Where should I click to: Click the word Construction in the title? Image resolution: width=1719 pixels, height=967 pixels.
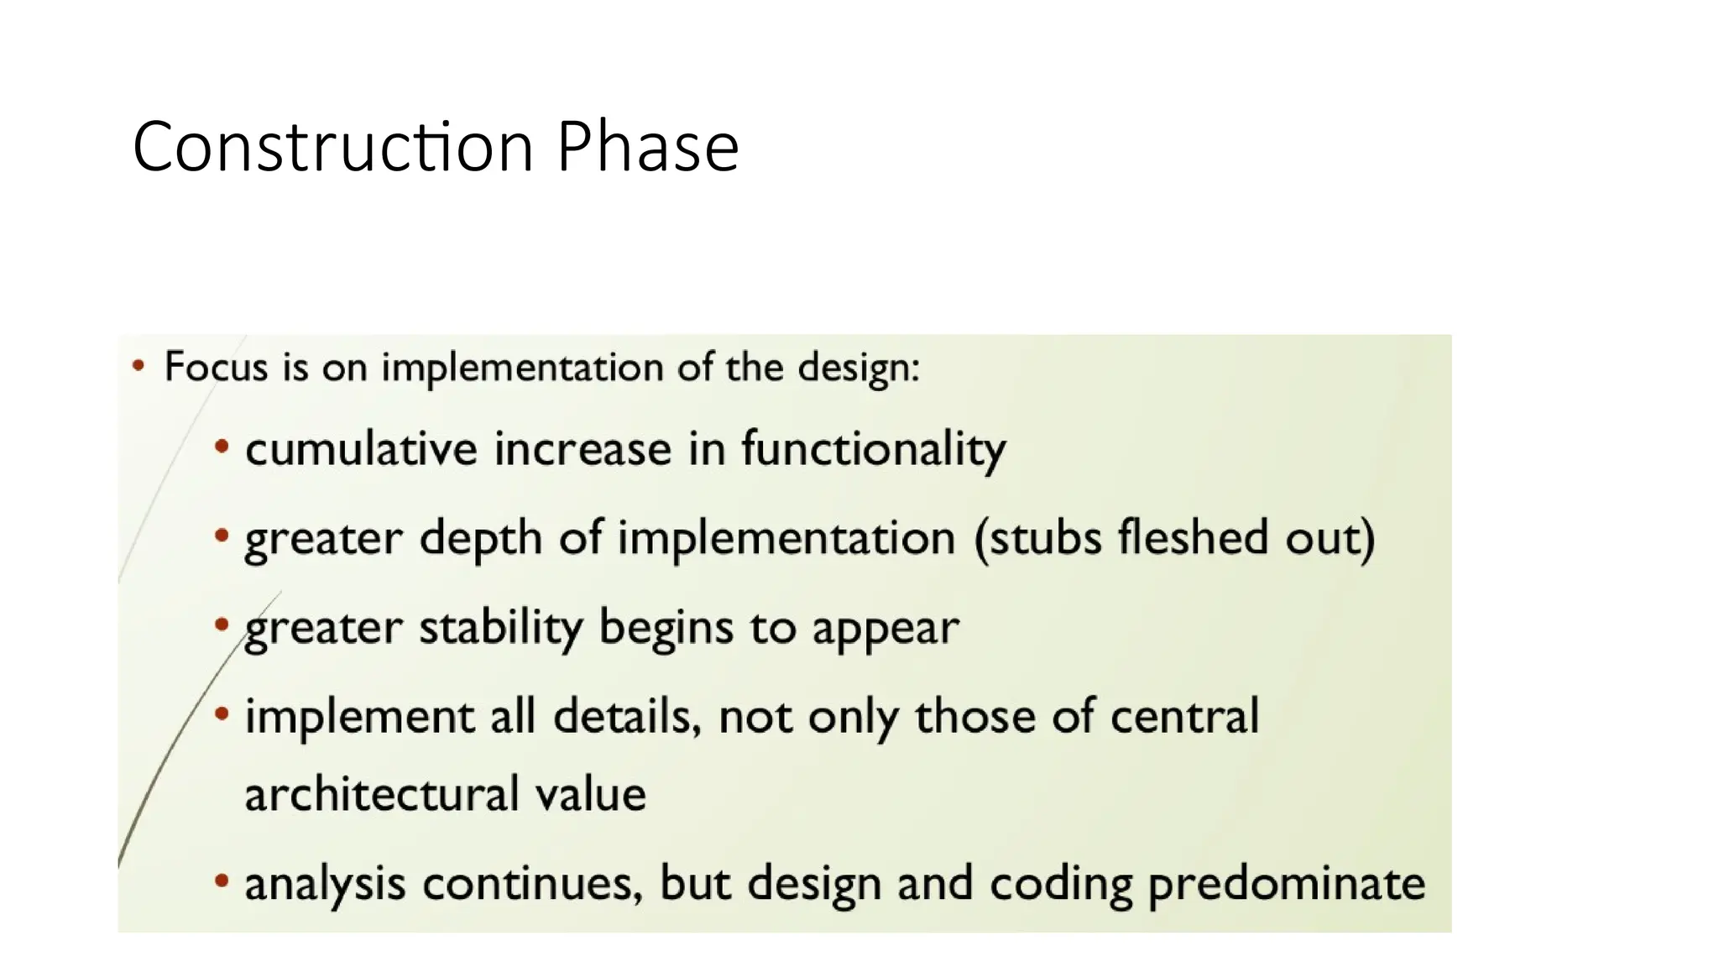point(333,148)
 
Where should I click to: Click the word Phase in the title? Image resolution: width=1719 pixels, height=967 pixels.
point(647,148)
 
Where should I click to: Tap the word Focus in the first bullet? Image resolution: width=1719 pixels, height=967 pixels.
point(216,367)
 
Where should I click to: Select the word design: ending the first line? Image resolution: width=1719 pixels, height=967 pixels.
point(858,368)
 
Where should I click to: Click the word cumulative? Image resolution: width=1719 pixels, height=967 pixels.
point(361,448)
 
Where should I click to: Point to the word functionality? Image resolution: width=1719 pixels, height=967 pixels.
point(873,450)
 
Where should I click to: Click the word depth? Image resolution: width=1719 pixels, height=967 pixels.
point(480,538)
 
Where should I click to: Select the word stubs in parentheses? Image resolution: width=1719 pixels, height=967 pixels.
point(1037,537)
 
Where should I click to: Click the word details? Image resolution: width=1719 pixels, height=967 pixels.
point(626,717)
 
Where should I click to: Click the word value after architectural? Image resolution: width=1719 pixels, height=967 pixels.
point(591,794)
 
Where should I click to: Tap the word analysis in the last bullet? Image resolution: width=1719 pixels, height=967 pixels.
point(325,884)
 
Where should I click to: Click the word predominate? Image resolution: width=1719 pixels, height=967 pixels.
point(1286,885)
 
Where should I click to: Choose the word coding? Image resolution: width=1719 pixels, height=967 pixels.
point(1061,885)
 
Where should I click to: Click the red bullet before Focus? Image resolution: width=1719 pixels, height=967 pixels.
point(138,366)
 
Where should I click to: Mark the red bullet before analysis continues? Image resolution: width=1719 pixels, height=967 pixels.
point(221,881)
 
